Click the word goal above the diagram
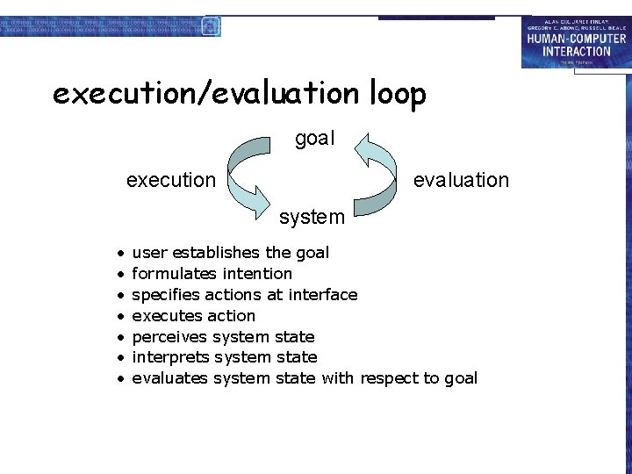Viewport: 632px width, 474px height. tap(315, 140)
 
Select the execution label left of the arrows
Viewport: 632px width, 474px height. tap(170, 180)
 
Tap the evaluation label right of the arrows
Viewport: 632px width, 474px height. tap(461, 180)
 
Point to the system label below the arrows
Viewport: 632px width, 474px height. tap(312, 216)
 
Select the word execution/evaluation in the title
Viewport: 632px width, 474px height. tap(205, 93)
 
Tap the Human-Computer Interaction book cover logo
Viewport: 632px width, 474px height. tap(575, 41)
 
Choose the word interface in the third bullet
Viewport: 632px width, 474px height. tap(325, 295)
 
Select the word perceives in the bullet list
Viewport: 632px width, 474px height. tap(166, 337)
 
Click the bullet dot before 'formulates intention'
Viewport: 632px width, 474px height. tap(119, 274)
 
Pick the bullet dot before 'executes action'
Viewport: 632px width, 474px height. tap(119, 316)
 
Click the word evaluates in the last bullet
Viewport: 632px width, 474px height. tap(169, 378)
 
